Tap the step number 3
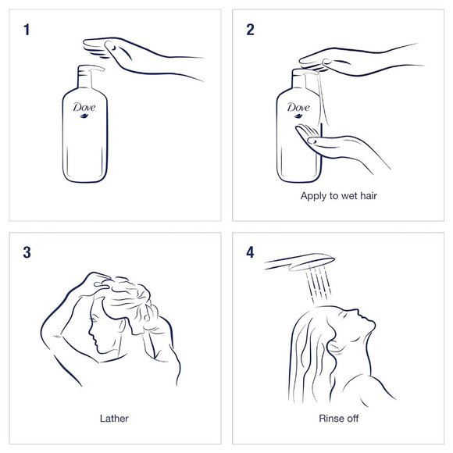click(x=27, y=252)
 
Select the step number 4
click(x=251, y=252)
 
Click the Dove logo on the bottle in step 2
click(x=298, y=109)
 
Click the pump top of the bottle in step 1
click(x=87, y=73)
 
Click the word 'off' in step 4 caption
click(x=351, y=419)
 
